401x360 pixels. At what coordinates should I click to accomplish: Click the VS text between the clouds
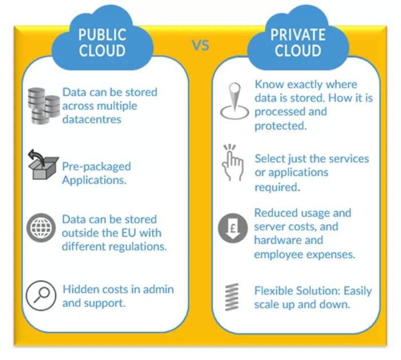[x=200, y=45]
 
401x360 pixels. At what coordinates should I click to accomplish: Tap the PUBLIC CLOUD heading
[x=102, y=42]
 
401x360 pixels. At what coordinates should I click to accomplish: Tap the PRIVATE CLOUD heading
[x=297, y=42]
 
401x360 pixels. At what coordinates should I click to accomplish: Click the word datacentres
[x=92, y=119]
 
